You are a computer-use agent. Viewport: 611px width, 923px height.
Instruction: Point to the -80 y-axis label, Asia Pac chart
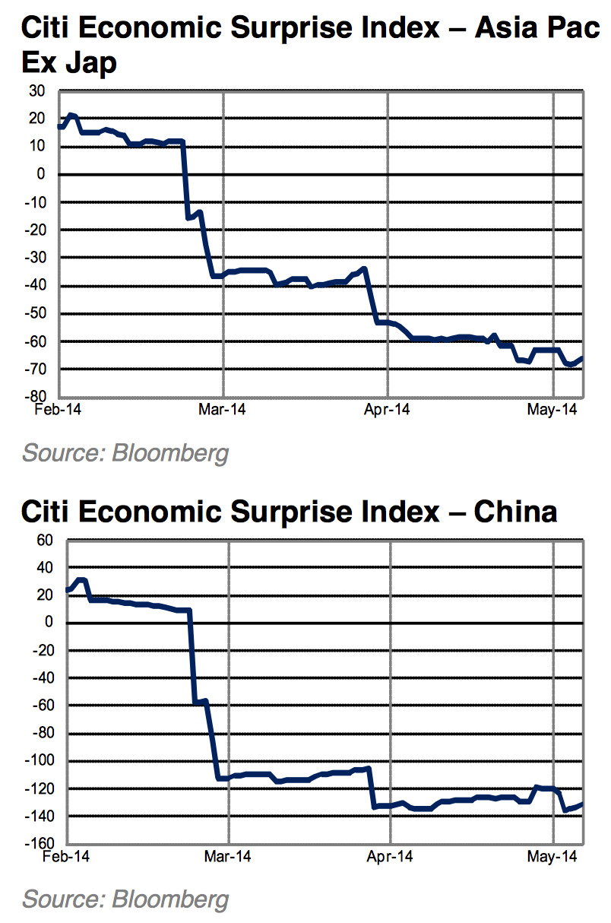[x=34, y=397]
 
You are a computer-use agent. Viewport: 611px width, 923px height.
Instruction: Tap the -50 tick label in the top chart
[x=34, y=313]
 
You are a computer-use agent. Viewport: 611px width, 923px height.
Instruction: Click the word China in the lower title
[x=515, y=512]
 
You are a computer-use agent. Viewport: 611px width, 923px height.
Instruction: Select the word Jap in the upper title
[x=90, y=62]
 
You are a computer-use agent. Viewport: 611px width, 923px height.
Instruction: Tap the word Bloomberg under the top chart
[x=170, y=454]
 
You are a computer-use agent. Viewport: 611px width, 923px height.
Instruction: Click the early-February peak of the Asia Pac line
[x=71, y=115]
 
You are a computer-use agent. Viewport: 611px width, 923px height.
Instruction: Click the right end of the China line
[x=582, y=804]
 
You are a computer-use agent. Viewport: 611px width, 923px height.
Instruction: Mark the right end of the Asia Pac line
[x=582, y=358]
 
